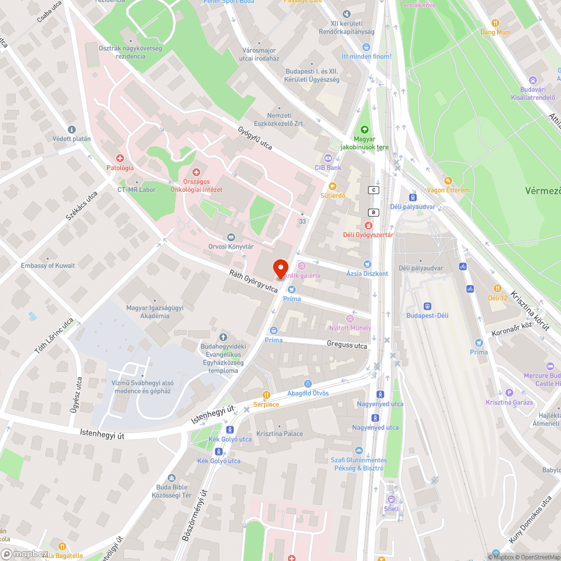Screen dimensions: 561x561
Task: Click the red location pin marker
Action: tap(280, 268)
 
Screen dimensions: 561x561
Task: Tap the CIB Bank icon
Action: tap(328, 158)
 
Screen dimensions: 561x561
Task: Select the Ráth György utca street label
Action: tap(254, 281)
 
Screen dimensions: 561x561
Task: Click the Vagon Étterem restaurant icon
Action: tap(448, 181)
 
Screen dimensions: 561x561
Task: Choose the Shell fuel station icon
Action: tap(392, 499)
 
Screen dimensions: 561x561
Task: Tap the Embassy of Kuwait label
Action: tap(48, 265)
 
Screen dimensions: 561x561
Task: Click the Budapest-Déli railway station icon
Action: tap(427, 306)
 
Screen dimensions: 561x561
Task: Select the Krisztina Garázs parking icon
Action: tap(509, 393)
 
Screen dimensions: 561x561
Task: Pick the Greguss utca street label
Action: tap(347, 344)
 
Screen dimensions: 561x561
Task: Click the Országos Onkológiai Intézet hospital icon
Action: tap(196, 172)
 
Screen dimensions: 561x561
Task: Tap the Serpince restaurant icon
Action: tap(266, 394)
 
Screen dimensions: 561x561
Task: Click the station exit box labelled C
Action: tap(373, 190)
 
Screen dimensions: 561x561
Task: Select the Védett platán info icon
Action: tap(71, 129)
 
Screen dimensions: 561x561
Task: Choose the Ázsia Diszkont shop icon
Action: tap(367, 264)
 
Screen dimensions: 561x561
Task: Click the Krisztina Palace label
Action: tap(279, 434)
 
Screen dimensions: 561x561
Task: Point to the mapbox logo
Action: tap(25, 554)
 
